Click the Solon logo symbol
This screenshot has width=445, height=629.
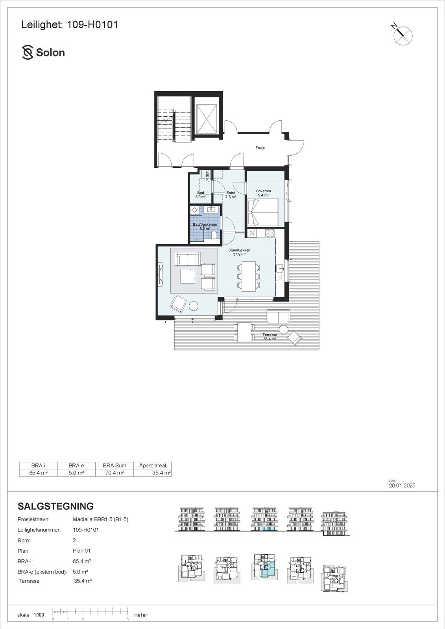coord(28,53)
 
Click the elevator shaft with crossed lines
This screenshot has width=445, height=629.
coord(206,119)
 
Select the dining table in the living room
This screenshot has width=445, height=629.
coord(248,276)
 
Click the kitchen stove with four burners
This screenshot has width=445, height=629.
coord(270,233)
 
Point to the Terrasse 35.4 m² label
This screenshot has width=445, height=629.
coord(270,337)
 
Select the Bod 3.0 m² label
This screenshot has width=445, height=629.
coord(201,195)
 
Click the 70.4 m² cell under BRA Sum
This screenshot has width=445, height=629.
coord(114,473)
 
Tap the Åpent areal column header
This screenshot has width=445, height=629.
coord(153,465)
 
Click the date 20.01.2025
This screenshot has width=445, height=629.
coord(402,486)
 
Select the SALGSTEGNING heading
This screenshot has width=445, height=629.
coord(56,506)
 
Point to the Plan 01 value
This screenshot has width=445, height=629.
coord(82,551)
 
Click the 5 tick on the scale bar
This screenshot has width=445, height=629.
coord(128,619)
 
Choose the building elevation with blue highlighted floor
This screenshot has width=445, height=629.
coord(264,519)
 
